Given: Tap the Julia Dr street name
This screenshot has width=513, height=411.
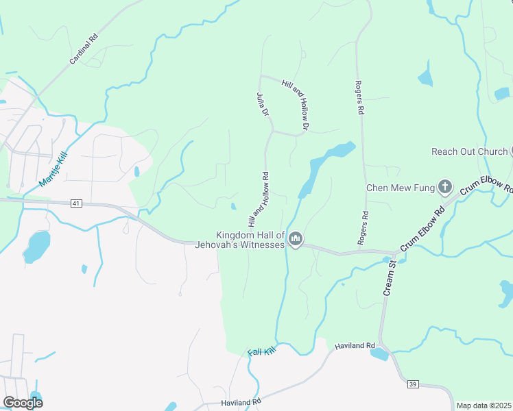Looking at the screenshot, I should [261, 103].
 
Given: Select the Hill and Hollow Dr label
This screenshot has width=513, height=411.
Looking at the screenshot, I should [296, 105].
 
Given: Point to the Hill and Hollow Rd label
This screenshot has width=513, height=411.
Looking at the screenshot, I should [258, 199].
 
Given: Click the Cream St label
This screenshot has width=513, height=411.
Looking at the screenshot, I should [389, 277].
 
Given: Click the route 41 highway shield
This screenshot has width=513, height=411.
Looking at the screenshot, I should [75, 203].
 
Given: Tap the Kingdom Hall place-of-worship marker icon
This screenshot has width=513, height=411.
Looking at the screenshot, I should [296, 239].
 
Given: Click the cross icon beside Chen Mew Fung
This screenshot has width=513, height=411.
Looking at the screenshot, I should [445, 186].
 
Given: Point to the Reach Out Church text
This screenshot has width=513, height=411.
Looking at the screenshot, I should [469, 151].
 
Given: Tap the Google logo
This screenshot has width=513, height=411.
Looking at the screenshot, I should [22, 402].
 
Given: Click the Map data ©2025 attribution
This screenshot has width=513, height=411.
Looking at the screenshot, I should [484, 406].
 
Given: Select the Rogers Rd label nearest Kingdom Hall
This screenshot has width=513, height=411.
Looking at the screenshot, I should [363, 227].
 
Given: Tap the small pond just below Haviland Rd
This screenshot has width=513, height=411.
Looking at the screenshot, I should [379, 354].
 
